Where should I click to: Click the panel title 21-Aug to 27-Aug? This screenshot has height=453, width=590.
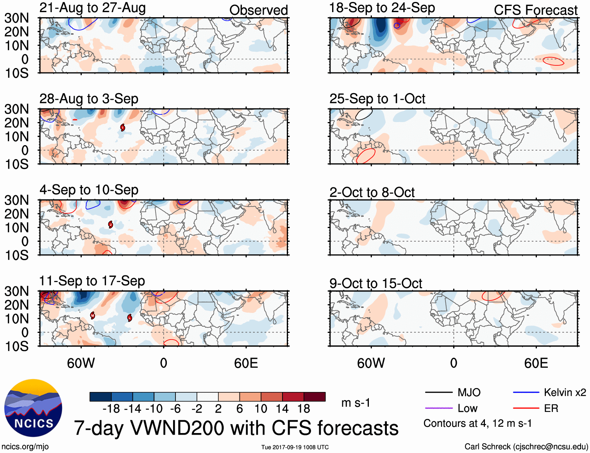[93, 8]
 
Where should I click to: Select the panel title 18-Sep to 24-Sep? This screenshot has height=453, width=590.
[382, 8]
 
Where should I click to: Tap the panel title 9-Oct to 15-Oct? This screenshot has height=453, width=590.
[375, 283]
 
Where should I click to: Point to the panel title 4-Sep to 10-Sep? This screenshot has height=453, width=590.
[89, 190]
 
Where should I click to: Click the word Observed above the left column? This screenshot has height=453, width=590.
[258, 10]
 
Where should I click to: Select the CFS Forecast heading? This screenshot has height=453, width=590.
[535, 10]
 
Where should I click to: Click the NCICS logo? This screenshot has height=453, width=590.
[33, 408]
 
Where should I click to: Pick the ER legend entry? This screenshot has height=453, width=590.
[551, 408]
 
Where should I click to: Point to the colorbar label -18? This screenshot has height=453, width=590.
[111, 409]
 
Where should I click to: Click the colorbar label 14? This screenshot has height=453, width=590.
[282, 409]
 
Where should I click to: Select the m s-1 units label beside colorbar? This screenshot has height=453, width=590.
[356, 403]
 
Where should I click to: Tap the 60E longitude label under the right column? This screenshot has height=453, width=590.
[536, 363]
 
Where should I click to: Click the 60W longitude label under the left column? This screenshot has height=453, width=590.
[81, 363]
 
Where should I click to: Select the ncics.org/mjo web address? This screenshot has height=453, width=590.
[25, 447]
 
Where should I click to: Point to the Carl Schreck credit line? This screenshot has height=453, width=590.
[526, 447]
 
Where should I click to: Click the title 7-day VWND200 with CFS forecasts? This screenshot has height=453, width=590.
[236, 428]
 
